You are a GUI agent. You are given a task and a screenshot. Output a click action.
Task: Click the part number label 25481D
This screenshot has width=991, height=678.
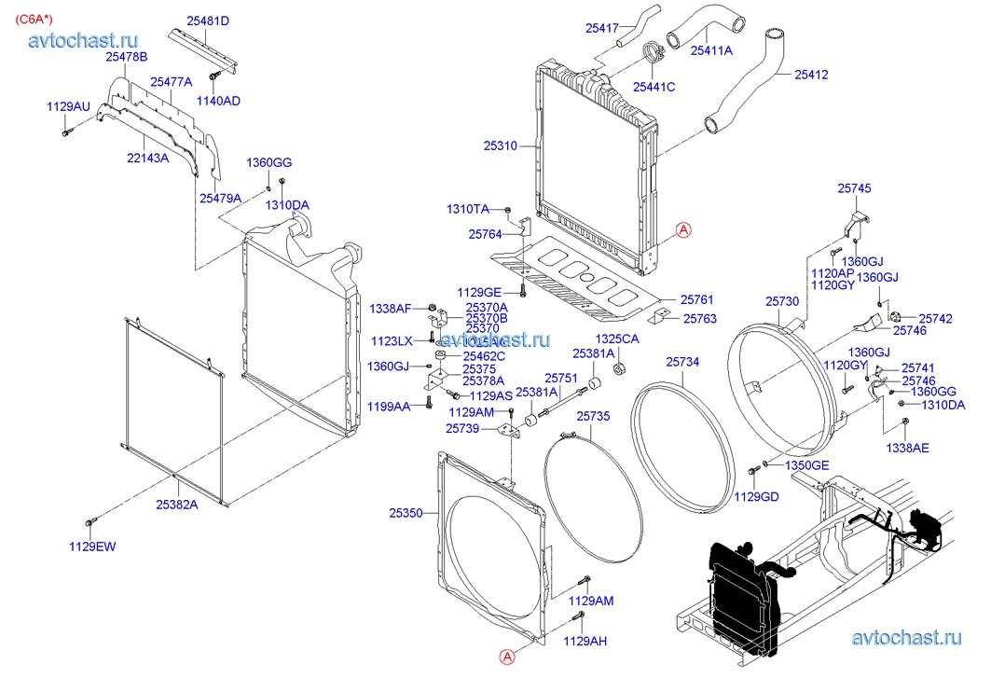207,21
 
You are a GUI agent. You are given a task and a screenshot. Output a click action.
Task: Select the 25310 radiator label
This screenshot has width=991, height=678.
500,145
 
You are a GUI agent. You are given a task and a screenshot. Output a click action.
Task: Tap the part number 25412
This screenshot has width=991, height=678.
811,74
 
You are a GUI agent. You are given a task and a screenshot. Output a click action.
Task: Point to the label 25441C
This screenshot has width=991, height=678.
654,87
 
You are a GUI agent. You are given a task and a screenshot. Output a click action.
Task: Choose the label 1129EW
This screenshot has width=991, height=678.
92,547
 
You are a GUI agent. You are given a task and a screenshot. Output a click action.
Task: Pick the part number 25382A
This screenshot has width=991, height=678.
176,505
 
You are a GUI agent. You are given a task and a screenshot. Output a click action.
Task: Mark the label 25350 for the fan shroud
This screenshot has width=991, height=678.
406,513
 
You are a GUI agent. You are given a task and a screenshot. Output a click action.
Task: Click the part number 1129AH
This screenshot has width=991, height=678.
586,641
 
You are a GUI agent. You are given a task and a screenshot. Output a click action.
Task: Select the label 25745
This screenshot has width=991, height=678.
854,188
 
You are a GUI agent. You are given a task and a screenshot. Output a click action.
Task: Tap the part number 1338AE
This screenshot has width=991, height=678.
907,448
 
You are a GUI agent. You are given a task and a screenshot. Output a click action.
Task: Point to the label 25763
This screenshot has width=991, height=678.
699,318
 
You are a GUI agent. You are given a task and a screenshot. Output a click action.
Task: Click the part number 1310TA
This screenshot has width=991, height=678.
467,209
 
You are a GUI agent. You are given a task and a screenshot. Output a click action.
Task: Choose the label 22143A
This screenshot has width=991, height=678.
147,158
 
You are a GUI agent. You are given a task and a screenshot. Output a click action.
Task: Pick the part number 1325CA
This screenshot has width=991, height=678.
617,339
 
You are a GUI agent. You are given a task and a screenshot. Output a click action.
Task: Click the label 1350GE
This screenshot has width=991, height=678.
806,464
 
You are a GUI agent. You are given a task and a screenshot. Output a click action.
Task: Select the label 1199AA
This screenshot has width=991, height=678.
388,406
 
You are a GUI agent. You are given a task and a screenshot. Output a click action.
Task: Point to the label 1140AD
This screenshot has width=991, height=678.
218,100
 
